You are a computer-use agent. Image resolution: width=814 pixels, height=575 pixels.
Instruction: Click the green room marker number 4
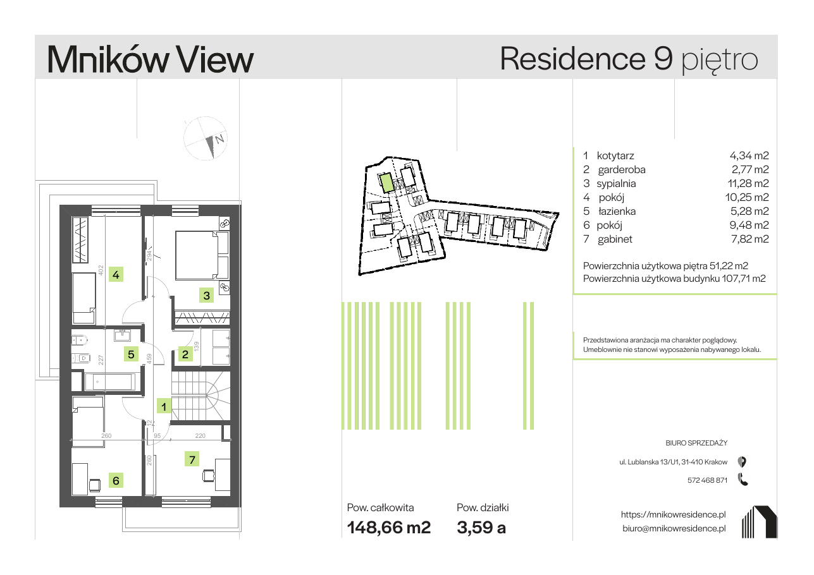click(116, 274)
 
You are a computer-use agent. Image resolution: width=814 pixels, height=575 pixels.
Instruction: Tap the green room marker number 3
click(206, 296)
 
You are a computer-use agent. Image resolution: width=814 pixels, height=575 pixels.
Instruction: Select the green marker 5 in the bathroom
click(131, 354)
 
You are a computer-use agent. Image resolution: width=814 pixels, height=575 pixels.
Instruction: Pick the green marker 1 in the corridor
click(164, 406)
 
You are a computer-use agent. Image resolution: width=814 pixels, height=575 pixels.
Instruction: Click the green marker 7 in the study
click(192, 459)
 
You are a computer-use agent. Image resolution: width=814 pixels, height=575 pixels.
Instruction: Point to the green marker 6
click(116, 481)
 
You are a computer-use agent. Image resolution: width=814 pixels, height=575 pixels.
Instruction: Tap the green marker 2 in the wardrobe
click(185, 354)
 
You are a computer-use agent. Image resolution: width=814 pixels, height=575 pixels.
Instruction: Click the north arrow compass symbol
click(206, 138)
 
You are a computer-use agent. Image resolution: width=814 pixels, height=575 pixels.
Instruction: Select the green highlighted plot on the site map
click(386, 183)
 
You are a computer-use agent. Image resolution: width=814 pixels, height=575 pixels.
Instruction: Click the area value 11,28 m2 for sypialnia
click(748, 183)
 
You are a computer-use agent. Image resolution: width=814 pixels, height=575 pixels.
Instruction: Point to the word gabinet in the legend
click(615, 239)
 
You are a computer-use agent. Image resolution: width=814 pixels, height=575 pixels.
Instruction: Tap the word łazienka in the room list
click(617, 211)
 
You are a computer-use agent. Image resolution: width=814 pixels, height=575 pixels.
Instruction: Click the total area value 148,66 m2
click(389, 528)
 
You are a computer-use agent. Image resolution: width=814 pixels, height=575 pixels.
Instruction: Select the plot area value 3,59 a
click(481, 528)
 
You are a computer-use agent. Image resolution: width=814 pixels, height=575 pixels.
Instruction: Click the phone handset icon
click(743, 480)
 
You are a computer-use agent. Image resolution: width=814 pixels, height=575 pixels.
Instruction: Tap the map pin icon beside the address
click(742, 462)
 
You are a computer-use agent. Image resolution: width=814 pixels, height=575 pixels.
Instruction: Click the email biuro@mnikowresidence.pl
click(674, 528)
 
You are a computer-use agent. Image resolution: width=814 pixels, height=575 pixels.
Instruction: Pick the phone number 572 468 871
click(707, 480)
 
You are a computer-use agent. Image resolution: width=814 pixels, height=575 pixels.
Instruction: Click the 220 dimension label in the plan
click(200, 435)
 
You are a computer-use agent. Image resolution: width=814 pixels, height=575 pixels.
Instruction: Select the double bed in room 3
click(202, 255)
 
